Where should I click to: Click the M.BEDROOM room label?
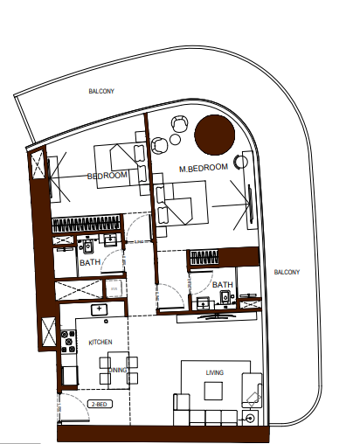click(x=204, y=168)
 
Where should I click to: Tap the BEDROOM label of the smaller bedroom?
click(x=107, y=176)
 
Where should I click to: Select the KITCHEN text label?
click(x=100, y=342)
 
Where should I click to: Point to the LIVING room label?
click(x=215, y=372)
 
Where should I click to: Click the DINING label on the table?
click(x=118, y=370)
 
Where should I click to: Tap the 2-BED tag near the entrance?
click(x=100, y=405)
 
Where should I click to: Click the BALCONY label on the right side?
click(x=287, y=272)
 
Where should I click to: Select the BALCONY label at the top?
click(x=101, y=91)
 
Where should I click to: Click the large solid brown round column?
click(x=214, y=135)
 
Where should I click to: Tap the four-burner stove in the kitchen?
click(x=68, y=342)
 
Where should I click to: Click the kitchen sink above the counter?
click(x=99, y=309)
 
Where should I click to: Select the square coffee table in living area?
click(x=213, y=391)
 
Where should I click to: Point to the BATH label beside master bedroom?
click(x=223, y=285)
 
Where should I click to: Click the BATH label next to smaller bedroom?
click(x=90, y=262)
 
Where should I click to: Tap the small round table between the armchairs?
click(x=175, y=140)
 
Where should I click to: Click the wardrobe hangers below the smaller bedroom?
click(x=87, y=224)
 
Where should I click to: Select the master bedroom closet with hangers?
click(x=204, y=258)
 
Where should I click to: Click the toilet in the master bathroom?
click(x=225, y=298)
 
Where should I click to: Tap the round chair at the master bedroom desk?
click(x=241, y=161)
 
